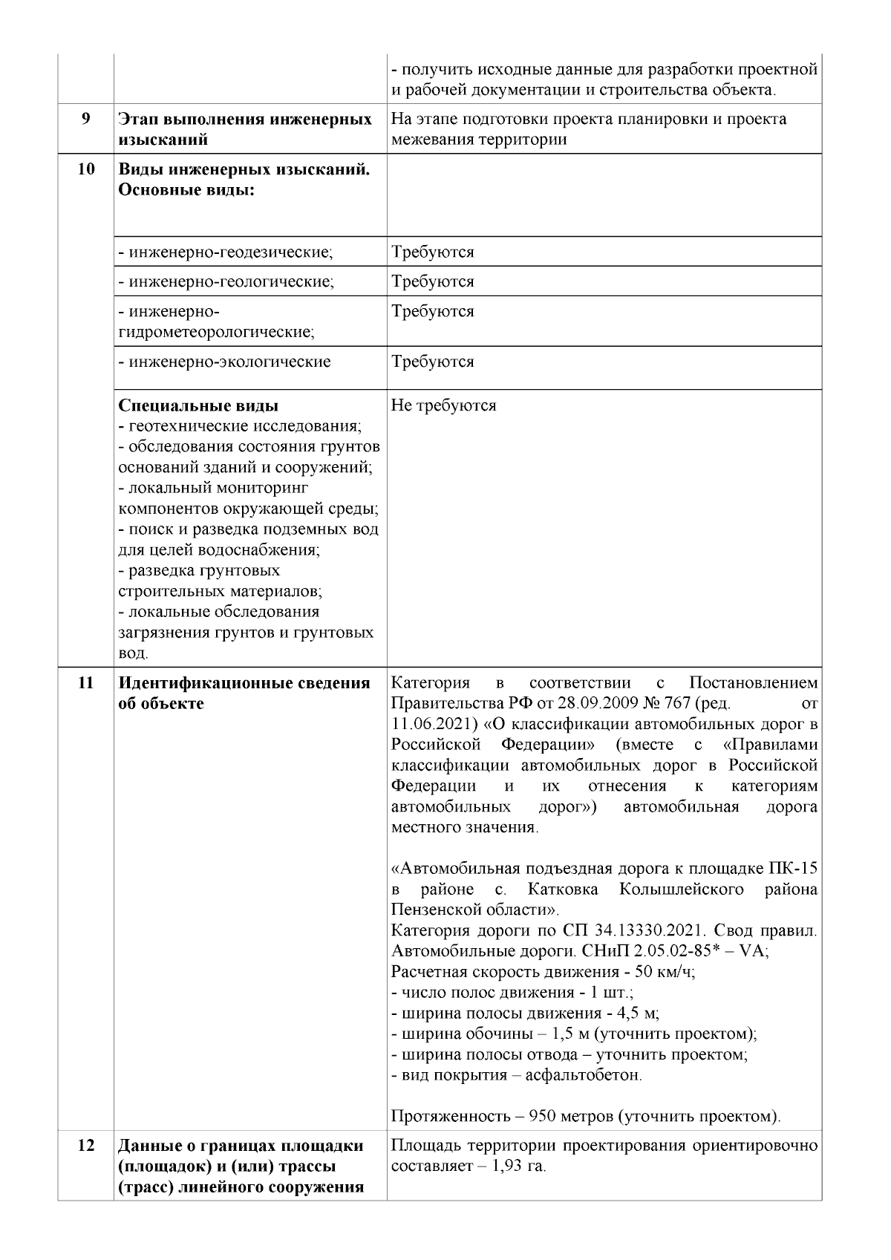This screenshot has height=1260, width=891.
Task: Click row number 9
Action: [x=86, y=119]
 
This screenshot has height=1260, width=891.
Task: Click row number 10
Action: [x=86, y=169]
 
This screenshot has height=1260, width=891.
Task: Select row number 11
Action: [x=86, y=683]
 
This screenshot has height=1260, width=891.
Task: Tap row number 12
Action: [x=86, y=1166]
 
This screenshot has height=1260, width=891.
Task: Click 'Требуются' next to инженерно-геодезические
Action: [x=433, y=252]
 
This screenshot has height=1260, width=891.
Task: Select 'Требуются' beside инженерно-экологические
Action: [x=433, y=362]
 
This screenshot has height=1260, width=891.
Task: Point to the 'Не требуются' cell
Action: [x=443, y=406]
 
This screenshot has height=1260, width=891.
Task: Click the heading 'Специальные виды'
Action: [x=199, y=406]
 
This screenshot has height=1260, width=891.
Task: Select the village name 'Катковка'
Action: [x=561, y=889]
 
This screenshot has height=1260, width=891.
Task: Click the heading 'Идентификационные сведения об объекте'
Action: [x=244, y=693]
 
